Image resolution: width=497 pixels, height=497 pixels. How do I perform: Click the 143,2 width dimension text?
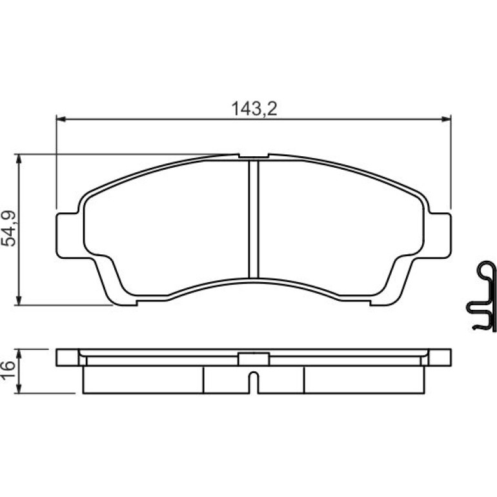pyautogui.click(x=254, y=108)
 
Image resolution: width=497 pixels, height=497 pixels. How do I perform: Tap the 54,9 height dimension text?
pyautogui.click(x=8, y=228)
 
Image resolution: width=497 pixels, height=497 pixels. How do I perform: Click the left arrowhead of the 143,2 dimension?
pyautogui.click(x=61, y=119)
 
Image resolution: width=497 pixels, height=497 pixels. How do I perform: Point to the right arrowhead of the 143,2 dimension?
pyautogui.click(x=446, y=119)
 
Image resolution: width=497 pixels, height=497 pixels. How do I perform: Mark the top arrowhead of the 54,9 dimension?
pyautogui.click(x=19, y=159)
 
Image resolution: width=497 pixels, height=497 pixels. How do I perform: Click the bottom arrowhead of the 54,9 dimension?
pyautogui.click(x=19, y=301)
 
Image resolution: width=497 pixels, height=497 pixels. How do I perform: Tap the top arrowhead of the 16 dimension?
pyautogui.click(x=19, y=354)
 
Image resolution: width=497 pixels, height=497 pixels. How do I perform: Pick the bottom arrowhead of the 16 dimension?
pyautogui.click(x=19, y=389)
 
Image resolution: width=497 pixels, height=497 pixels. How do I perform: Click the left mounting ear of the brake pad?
pyautogui.click(x=67, y=236)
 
